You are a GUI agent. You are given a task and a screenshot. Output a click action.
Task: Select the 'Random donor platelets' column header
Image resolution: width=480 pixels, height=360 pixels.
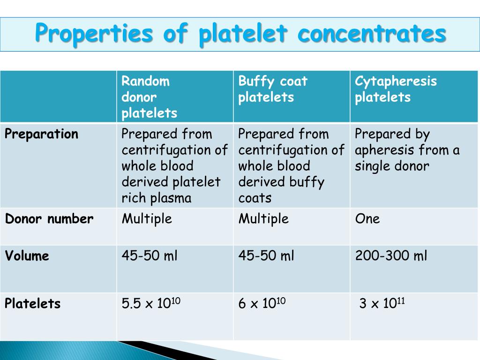coord(150,97)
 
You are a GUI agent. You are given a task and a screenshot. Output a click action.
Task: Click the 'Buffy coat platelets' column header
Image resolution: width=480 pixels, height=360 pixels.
coord(273,89)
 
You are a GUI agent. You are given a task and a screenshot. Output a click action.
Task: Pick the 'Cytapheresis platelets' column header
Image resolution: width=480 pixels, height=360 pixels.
coord(396,89)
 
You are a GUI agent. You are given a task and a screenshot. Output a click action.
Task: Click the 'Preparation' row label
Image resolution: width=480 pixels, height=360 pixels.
coord(42,134)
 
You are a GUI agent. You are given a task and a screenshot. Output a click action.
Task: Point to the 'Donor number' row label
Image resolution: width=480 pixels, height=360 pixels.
coord(49,219)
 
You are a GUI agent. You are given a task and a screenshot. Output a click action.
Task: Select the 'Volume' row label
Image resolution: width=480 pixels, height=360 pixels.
coord(27,256)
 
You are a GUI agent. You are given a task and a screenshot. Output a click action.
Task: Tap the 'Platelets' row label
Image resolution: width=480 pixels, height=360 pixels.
coord(33,304)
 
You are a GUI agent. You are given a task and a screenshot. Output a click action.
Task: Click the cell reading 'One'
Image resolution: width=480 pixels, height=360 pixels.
coord(367,219)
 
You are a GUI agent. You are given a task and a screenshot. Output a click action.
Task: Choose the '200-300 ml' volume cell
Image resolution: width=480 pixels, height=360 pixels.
coord(391,256)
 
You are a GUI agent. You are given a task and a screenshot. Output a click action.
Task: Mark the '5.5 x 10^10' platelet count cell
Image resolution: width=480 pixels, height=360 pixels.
coord(151,303)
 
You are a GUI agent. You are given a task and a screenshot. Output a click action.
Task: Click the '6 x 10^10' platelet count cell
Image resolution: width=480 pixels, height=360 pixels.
coord(262,303)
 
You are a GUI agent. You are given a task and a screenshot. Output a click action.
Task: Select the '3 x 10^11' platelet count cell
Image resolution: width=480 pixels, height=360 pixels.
coord(382,303)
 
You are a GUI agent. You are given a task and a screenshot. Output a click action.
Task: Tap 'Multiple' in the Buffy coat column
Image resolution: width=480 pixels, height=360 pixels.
coord(263,219)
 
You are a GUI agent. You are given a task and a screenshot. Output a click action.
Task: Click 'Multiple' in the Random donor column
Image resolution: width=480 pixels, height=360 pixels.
coord(147,219)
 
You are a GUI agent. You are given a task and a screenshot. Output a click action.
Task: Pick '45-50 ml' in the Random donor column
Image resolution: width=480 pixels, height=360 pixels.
coord(150,256)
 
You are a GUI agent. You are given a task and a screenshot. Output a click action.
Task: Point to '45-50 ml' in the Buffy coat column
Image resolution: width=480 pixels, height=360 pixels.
coord(266,256)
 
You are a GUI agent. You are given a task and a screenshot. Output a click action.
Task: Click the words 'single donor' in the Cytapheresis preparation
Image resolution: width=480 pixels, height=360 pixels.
coord(392,166)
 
